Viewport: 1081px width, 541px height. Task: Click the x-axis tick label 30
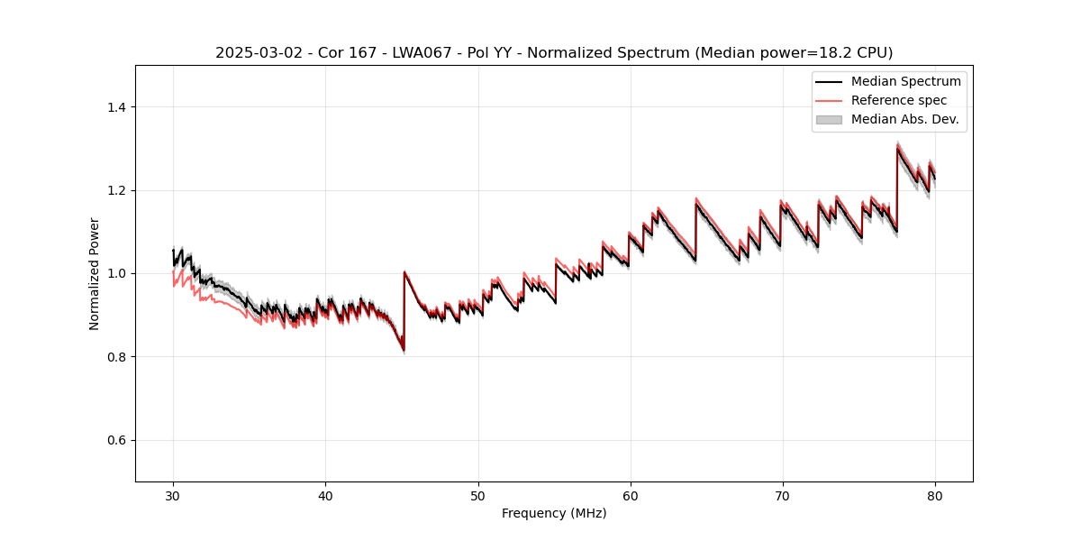173,495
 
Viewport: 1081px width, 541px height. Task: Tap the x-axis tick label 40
325,495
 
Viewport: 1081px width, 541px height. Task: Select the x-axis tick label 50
477,495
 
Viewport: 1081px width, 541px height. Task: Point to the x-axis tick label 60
630,495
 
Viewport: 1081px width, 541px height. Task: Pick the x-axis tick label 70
782,495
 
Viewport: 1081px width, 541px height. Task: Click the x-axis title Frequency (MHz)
554,513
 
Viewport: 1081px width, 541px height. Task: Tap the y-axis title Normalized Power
95,273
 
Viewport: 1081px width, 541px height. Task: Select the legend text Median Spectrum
905,81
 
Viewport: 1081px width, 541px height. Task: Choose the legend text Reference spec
898,100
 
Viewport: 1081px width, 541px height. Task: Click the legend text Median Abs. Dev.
904,119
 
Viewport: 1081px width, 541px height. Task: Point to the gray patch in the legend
828,119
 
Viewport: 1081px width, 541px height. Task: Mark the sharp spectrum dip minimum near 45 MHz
403,350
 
